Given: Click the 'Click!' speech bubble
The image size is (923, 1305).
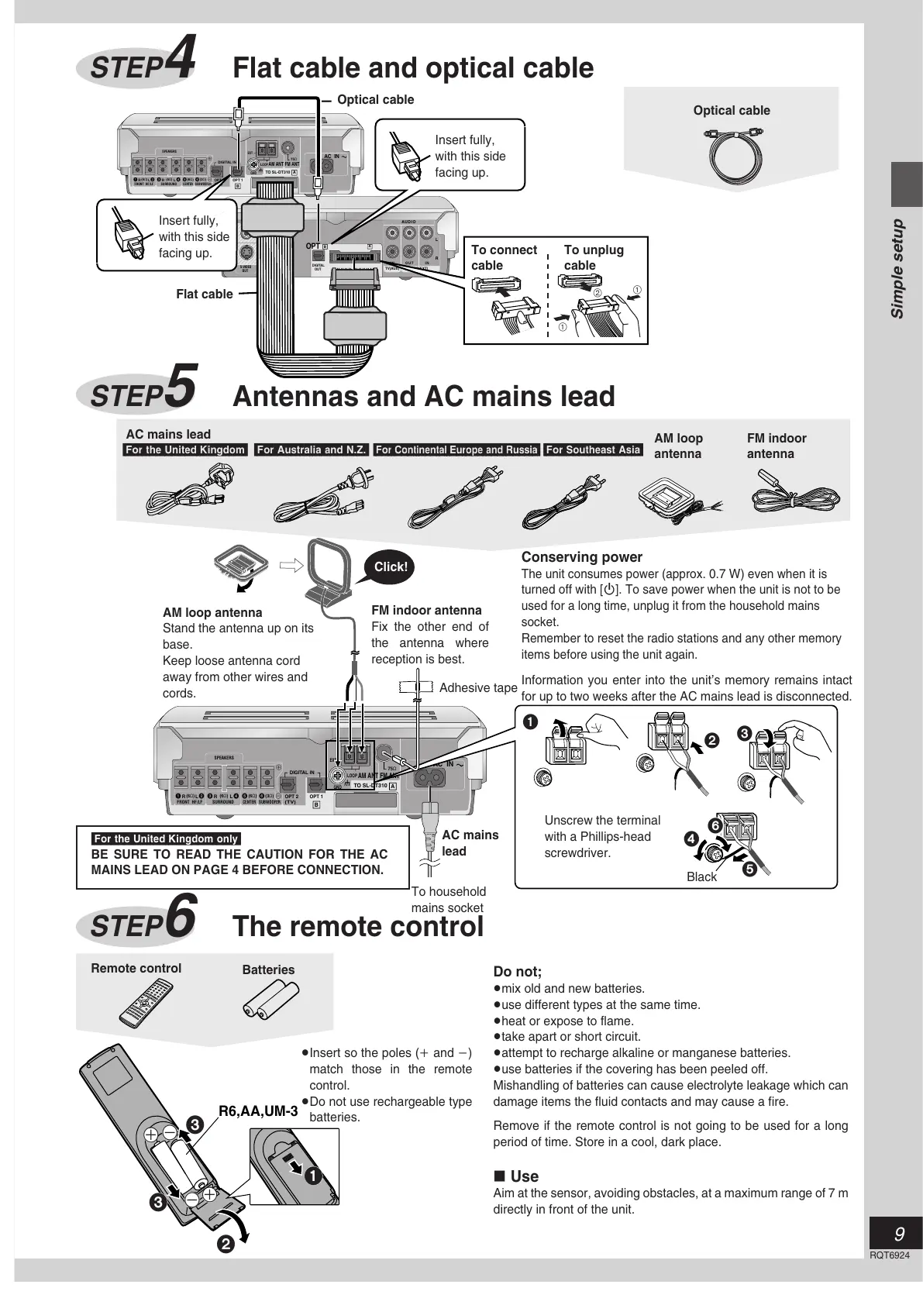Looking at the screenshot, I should pyautogui.click(x=391, y=566).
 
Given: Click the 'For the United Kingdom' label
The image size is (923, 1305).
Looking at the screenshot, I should pyautogui.click(x=184, y=449).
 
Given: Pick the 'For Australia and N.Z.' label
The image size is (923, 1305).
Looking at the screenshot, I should pyautogui.click(x=311, y=449).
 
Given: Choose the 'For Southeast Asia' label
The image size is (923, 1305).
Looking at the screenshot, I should pyautogui.click(x=593, y=449).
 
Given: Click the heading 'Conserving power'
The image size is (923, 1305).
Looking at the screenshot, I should pyautogui.click(x=581, y=556).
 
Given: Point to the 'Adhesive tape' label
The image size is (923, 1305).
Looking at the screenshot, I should pyautogui.click(x=477, y=687).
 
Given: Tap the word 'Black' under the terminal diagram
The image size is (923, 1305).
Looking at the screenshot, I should pyautogui.click(x=701, y=876).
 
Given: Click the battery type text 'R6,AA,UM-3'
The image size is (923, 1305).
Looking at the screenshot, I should pyautogui.click(x=258, y=1110).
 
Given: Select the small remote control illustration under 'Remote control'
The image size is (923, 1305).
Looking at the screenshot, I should pyautogui.click(x=146, y=1001).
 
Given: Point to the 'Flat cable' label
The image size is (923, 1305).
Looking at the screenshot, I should pyautogui.click(x=204, y=294).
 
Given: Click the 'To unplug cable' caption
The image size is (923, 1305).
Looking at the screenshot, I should pyautogui.click(x=593, y=257).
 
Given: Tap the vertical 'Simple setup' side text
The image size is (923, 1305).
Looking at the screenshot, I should pyautogui.click(x=897, y=268).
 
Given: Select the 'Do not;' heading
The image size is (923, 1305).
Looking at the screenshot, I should pyautogui.click(x=517, y=972).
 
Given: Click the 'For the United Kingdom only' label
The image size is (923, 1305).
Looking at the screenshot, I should pyautogui.click(x=165, y=838).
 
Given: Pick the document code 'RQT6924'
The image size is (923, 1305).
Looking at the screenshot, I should pyautogui.click(x=889, y=1255).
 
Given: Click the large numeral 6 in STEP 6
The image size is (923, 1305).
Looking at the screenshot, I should pyautogui.click(x=182, y=915).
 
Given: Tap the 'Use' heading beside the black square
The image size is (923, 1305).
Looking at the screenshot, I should pyautogui.click(x=524, y=1176).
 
